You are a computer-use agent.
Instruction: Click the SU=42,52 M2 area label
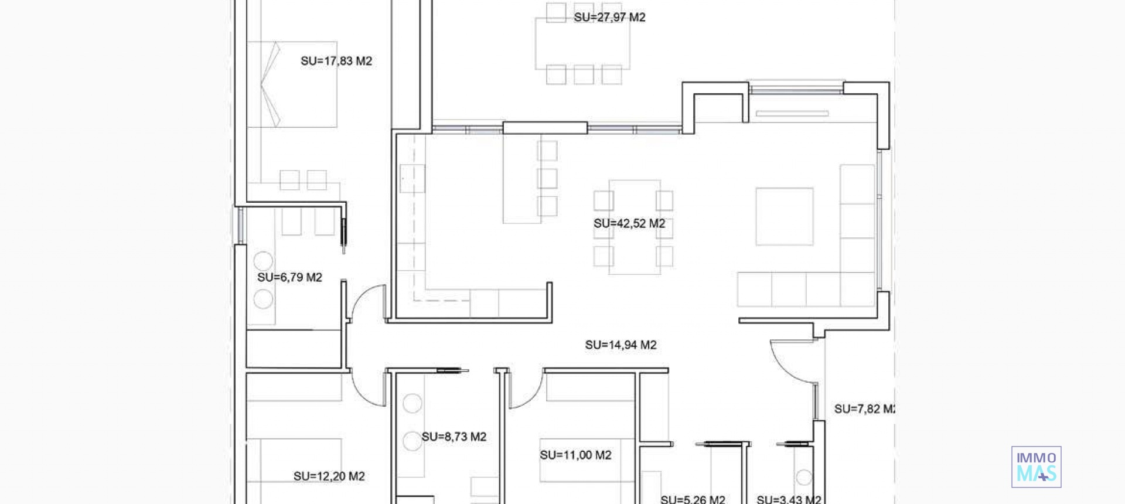629,223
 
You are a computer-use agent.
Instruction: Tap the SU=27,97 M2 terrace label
609,18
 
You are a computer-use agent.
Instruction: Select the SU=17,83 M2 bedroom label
336,61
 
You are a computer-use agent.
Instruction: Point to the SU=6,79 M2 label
289,277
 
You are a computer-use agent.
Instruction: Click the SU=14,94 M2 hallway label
621,345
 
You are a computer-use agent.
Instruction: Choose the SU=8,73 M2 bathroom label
454,437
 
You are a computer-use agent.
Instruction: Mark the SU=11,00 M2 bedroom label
575,455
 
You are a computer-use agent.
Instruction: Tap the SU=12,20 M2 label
329,476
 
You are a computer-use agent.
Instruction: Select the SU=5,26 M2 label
693,499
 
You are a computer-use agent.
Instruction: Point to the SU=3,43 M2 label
788,499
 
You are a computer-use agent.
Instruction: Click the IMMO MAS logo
1036,466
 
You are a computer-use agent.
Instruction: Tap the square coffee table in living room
784,216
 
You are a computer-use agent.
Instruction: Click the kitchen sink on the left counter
412,179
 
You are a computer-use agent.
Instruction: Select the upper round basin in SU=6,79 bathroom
263,261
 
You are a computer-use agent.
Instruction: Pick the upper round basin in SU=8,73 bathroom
412,403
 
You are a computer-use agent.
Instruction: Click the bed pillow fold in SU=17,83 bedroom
270,84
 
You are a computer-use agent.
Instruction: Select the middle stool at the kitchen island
547,178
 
